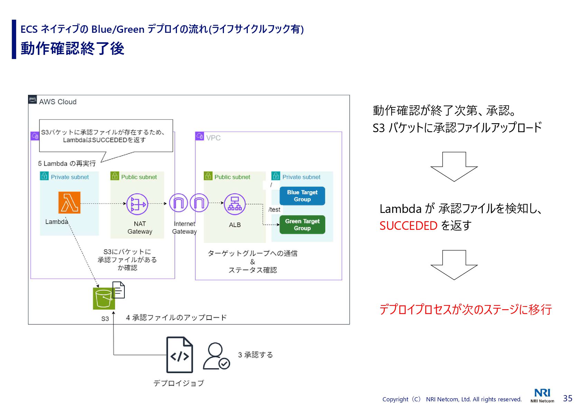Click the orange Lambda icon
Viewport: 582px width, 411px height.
point(69,203)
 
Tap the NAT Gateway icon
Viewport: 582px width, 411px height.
point(137,204)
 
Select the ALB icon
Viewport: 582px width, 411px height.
point(235,204)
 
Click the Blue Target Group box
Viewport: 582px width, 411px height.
point(302,196)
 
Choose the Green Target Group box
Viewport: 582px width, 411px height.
point(302,225)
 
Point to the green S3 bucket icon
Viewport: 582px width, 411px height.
point(103,299)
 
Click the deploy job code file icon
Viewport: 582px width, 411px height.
point(179,355)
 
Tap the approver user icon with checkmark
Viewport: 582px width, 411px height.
point(216,356)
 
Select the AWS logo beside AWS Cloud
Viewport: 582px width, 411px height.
point(32,99)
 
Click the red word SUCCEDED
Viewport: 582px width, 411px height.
point(408,226)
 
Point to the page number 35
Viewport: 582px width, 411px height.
point(567,398)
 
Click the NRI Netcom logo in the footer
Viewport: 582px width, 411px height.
point(542,395)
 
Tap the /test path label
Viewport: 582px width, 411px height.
point(274,209)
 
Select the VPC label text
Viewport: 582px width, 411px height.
point(213,138)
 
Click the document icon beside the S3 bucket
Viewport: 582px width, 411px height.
point(119,290)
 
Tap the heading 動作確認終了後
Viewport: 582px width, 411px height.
point(72,48)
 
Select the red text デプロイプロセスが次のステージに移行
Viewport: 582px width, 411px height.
point(465,309)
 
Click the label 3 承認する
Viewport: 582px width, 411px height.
point(255,355)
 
